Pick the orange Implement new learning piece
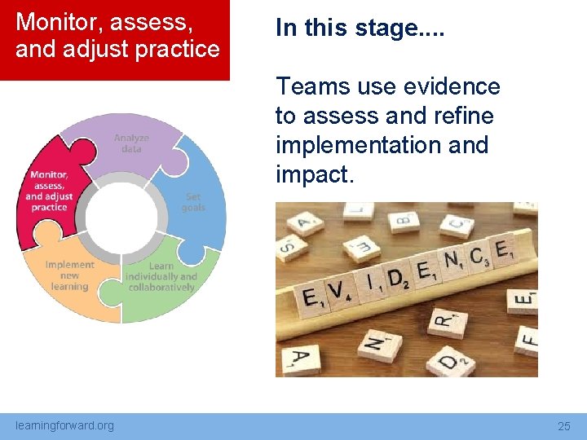pos(68,277)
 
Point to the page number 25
pos(563,426)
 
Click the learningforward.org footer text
pos(65,425)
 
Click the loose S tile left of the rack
pos(287,246)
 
